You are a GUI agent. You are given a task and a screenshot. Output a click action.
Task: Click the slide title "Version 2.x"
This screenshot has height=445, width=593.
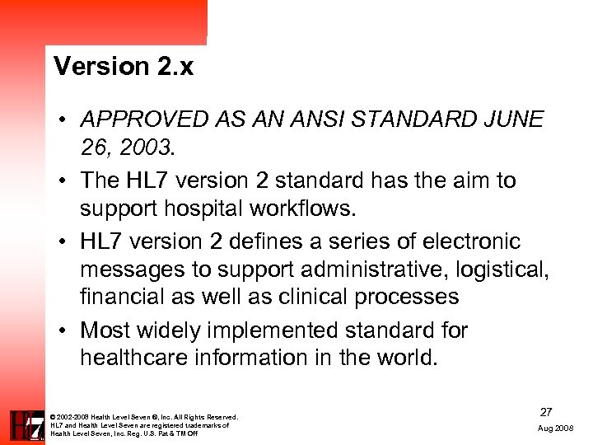pyautogui.click(x=124, y=66)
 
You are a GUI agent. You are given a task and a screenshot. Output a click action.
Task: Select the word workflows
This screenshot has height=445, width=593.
pyautogui.click(x=309, y=208)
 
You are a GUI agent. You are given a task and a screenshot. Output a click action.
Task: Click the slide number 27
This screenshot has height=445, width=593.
pyautogui.click(x=546, y=411)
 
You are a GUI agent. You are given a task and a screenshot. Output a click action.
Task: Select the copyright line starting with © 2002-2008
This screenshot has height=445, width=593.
pyautogui.click(x=144, y=417)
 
